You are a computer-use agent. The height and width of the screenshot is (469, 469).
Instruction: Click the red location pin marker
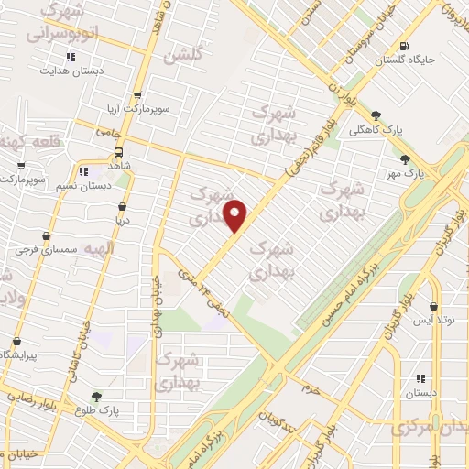235,214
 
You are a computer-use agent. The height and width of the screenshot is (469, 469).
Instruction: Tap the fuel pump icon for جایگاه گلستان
404,47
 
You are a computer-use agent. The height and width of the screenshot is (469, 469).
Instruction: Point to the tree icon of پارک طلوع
96,396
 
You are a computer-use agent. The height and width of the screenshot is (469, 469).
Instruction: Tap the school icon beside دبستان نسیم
83,170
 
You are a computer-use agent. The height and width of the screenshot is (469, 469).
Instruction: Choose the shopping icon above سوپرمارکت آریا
137,94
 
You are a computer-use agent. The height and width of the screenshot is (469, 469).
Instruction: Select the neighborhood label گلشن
180,57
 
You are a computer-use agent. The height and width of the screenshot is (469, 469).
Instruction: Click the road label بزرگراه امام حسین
344,292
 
